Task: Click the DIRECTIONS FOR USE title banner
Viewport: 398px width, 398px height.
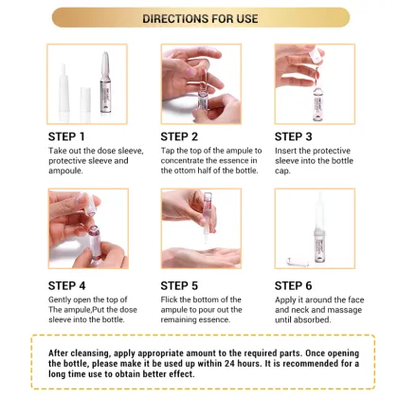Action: point(200,18)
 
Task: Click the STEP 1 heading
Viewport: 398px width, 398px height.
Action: point(69,136)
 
